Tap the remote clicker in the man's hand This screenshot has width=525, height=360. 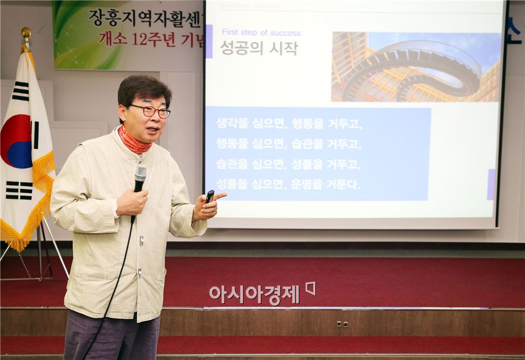coord(210,196)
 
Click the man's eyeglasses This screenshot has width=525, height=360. coord(150,111)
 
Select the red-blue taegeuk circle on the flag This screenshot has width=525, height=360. coord(17,141)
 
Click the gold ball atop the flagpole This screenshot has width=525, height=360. coord(26,32)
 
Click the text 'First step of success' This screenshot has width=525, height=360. coord(261,33)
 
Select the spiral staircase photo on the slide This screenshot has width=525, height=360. coord(416,67)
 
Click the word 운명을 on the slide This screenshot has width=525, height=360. coord(308,184)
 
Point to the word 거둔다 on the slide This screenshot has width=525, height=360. coord(343,184)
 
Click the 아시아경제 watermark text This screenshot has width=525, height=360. coord(254,294)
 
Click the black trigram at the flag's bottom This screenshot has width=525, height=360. coord(19,190)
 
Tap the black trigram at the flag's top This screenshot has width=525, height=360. coord(21,91)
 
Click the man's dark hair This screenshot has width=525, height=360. coord(143,87)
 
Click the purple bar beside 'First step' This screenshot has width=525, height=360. coord(209,41)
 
